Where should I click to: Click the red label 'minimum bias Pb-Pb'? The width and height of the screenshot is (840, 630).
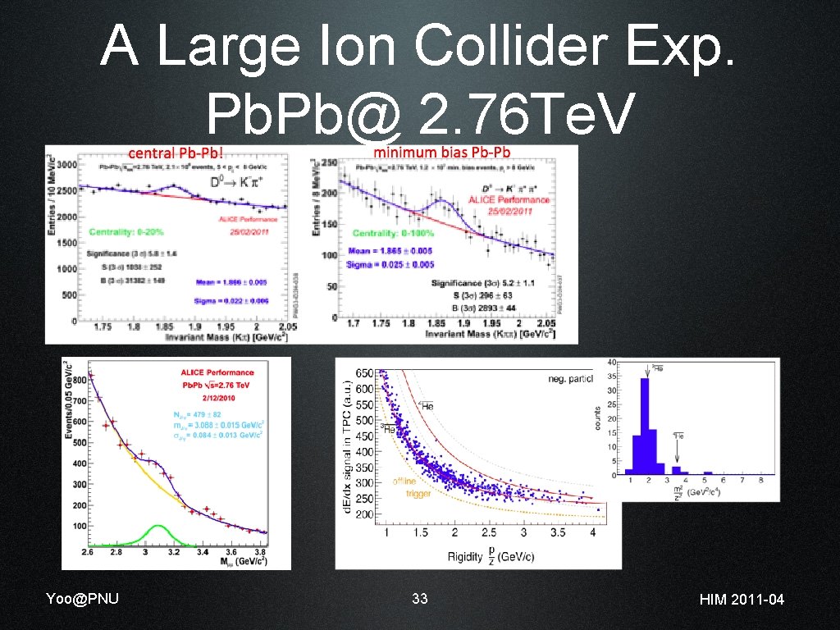click(442, 153)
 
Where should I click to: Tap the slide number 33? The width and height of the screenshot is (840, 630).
click(420, 599)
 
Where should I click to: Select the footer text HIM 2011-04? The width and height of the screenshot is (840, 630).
click(742, 600)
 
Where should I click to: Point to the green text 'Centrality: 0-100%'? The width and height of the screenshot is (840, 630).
click(395, 234)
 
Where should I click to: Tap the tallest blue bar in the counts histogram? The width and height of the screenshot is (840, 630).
click(646, 427)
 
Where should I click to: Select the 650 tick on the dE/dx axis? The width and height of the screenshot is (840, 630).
click(363, 373)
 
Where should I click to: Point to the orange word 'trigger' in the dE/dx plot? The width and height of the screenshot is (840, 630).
click(418, 494)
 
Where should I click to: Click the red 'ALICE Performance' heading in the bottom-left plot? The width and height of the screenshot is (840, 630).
click(217, 372)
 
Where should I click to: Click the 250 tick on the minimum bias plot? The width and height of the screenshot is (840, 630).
click(328, 163)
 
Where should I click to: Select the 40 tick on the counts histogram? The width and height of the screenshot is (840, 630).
click(612, 363)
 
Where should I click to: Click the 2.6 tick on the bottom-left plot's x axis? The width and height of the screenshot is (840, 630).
click(89, 553)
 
